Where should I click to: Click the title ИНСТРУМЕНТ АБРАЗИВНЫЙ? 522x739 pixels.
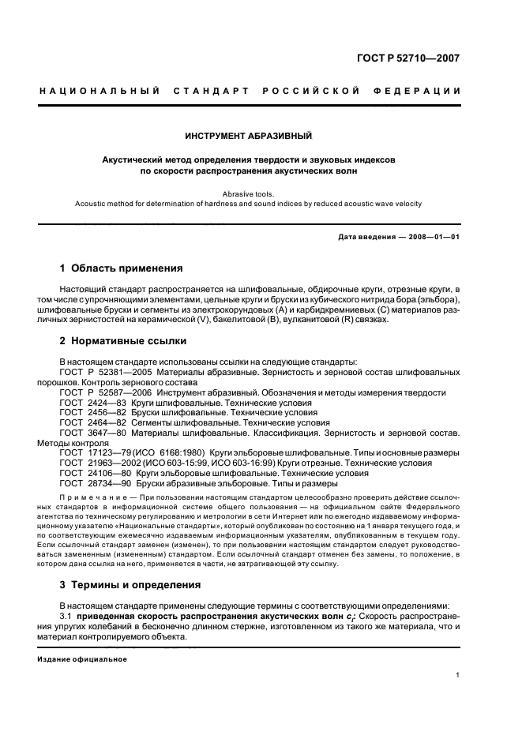coord(249,136)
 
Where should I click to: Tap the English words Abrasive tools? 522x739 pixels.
coord(249,192)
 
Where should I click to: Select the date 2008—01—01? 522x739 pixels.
coord(431,237)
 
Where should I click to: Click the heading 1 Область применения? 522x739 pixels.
coord(122,268)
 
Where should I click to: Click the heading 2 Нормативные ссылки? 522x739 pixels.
coord(123,341)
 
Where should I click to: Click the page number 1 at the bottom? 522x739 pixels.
coord(458,675)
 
